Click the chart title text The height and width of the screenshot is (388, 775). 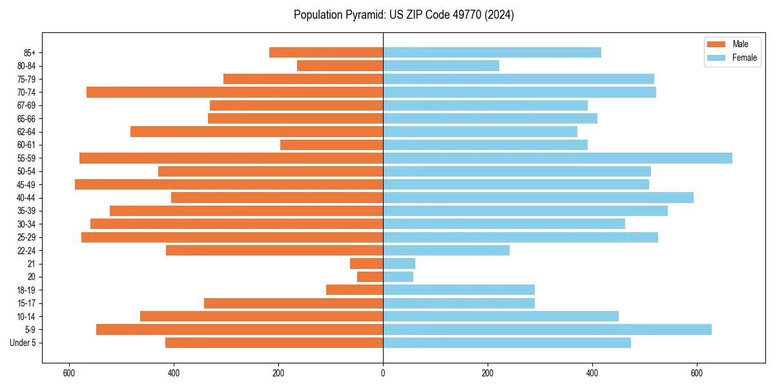click(x=404, y=15)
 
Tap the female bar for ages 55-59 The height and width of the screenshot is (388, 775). click(x=557, y=158)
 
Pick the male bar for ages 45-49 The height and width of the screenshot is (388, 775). click(x=229, y=184)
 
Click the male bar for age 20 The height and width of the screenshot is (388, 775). click(x=370, y=277)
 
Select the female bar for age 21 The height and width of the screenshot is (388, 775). click(x=399, y=263)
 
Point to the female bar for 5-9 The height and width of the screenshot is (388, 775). click(x=547, y=329)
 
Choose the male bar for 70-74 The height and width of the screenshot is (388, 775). click(x=234, y=92)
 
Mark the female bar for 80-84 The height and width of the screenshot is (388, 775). click(x=441, y=65)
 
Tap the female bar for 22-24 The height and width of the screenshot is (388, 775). click(x=446, y=250)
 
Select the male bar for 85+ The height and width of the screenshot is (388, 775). click(x=326, y=52)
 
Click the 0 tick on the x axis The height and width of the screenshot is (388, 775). click(x=383, y=372)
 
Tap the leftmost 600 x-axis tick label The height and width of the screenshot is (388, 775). click(x=69, y=372)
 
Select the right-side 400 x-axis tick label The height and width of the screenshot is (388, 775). click(x=592, y=372)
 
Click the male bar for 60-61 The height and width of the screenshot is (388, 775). click(x=331, y=145)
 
